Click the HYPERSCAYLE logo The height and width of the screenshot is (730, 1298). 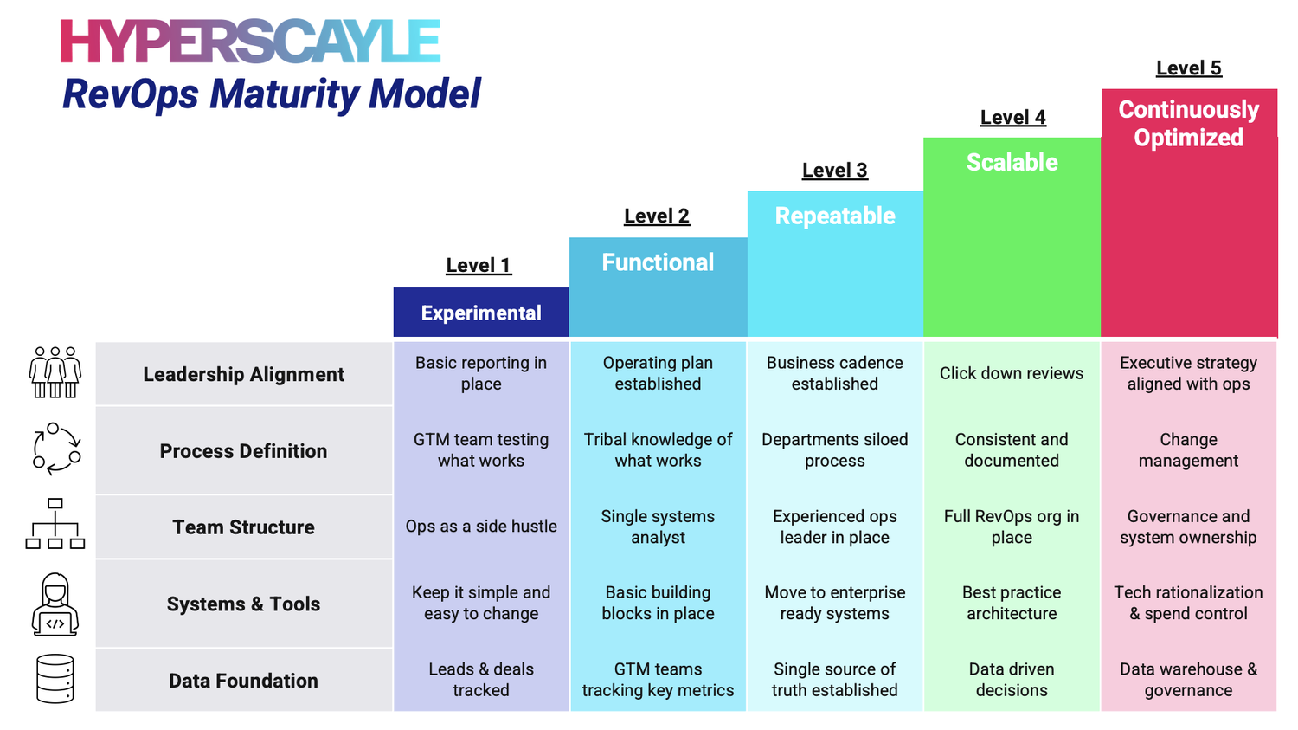pos(250,41)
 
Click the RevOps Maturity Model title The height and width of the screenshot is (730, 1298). pos(271,94)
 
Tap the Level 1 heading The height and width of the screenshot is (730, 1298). pos(479,265)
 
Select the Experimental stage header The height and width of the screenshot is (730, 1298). pos(481,313)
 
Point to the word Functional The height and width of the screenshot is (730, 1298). pos(658,262)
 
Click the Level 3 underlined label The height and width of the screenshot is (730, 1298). pos(834,170)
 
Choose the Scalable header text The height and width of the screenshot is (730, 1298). pos(1012,162)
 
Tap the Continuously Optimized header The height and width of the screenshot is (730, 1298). pos(1188,123)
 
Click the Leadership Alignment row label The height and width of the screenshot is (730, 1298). pos(243,374)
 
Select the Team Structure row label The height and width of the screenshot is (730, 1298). pos(243,527)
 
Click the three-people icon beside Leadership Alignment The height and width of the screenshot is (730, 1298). pos(55,372)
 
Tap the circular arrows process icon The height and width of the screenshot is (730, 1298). pos(56,449)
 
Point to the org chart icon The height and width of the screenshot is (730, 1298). pos(55,524)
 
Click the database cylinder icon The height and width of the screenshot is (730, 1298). pos(55,679)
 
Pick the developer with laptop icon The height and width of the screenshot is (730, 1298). pos(55,604)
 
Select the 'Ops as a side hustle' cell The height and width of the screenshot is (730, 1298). pos(481,527)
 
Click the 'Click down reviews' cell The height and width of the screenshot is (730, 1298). pos(1012,373)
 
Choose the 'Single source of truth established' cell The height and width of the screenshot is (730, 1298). pos(834,680)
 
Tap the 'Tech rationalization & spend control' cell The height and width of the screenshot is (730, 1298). pos(1188,603)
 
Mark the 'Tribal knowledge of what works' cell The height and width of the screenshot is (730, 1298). pos(658,450)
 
